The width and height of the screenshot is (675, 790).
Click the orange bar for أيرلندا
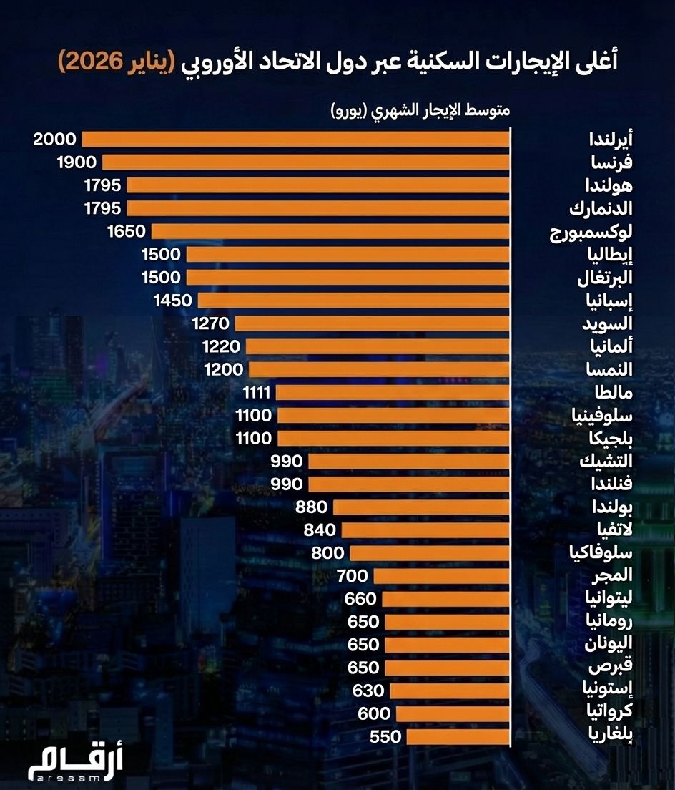coord(295,139)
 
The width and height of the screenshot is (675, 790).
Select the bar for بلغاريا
coord(458,736)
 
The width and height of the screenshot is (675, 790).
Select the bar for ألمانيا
coord(378,346)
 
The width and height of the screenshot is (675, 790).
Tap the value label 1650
coord(125,231)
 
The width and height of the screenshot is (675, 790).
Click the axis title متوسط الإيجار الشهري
coord(420,111)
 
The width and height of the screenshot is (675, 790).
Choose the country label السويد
coord(606,323)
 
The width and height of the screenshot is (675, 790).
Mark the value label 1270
coord(210,323)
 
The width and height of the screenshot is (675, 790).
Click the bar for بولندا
coord(421,507)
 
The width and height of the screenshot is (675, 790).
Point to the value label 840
coord(319,530)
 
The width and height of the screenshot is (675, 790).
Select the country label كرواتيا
coord(609,713)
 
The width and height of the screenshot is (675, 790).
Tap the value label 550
coord(386,736)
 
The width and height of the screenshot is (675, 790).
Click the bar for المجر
coord(441,576)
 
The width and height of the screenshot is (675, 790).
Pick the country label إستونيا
coord(609,691)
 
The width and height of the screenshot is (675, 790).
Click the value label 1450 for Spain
coord(173,300)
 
